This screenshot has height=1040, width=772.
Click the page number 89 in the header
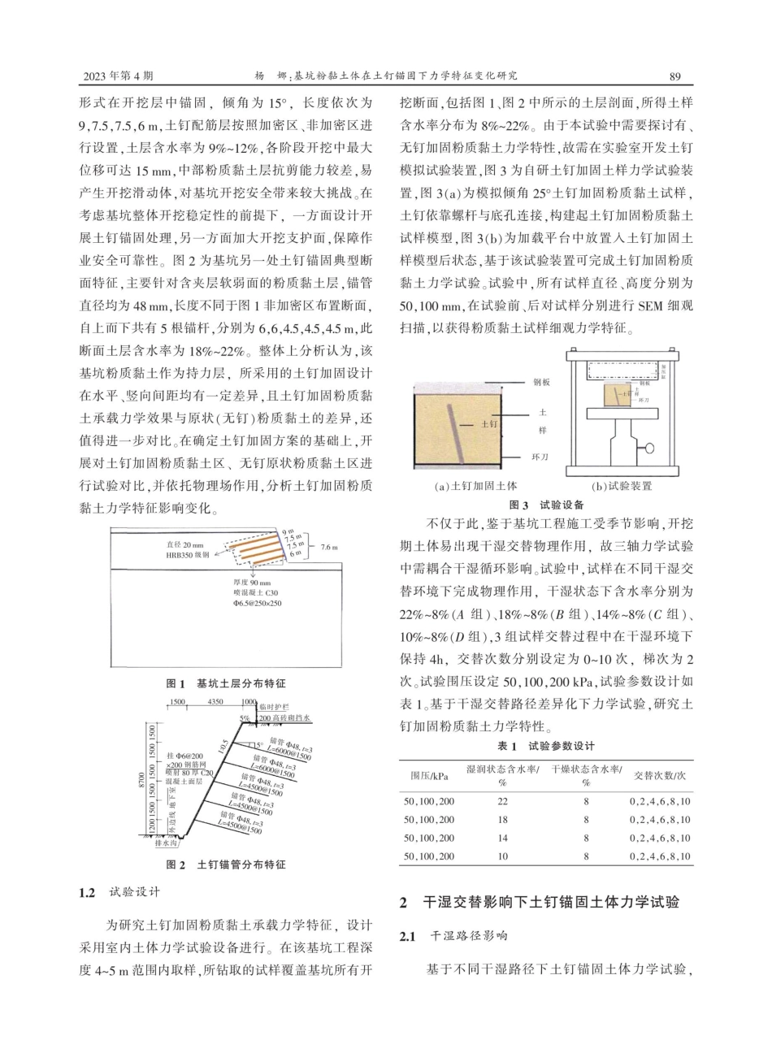point(674,76)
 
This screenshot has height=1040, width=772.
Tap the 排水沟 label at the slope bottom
point(169,843)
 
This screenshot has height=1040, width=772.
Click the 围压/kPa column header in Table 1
point(427,774)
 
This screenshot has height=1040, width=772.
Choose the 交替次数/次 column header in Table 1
point(661,774)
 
